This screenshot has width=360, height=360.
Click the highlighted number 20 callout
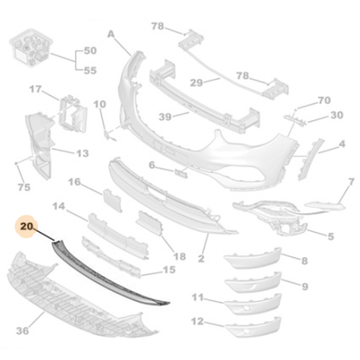[x=27, y=226]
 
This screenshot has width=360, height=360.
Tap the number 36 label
[x=22, y=331]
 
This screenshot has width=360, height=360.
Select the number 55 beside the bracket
[x=90, y=70]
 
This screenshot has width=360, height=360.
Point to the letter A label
[x=111, y=35]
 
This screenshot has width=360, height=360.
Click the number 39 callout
[x=165, y=117]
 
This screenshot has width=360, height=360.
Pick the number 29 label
[x=196, y=83]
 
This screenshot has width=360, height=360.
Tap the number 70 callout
[x=325, y=100]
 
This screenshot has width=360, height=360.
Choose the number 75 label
[x=24, y=187]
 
